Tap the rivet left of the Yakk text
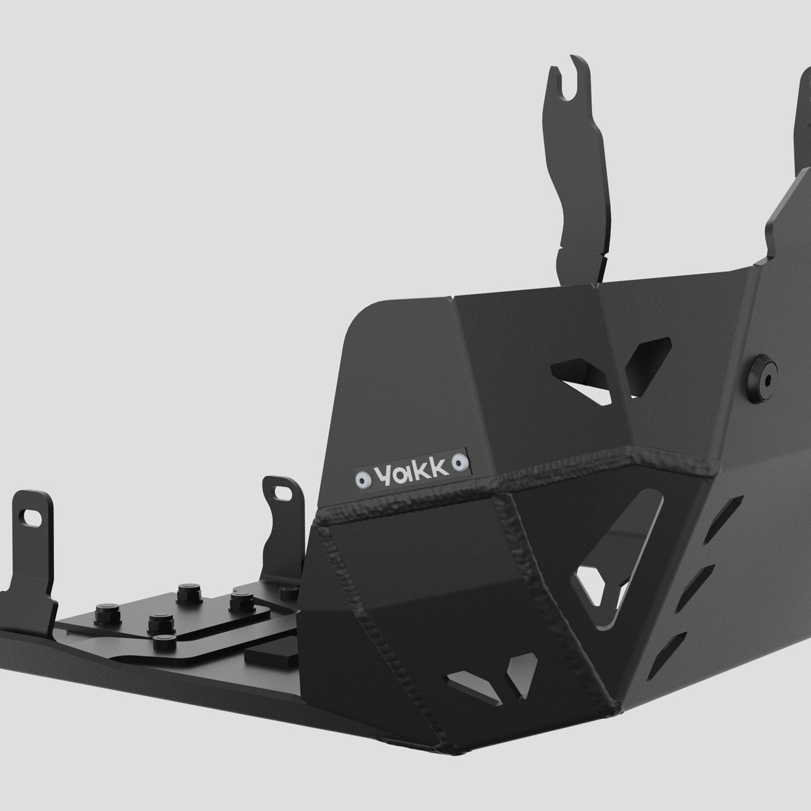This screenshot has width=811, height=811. click(362, 479)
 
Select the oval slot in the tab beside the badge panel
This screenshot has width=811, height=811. click(282, 491)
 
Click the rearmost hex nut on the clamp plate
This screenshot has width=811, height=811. click(189, 594)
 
